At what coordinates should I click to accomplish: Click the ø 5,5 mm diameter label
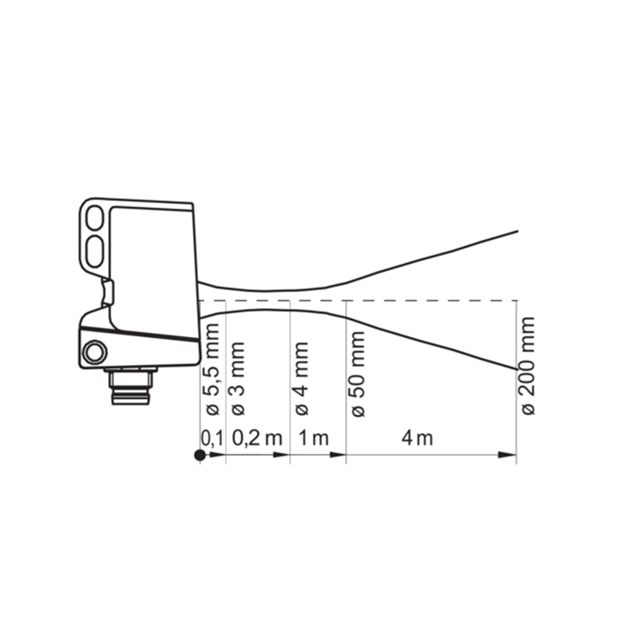click(213, 369)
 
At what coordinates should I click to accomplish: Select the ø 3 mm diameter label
click(238, 379)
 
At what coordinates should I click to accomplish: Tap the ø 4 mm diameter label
click(302, 379)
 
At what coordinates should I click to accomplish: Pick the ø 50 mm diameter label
click(358, 374)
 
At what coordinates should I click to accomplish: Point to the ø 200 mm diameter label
click(529, 366)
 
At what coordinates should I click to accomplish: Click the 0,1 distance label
click(212, 439)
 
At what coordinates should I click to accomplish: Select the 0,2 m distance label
click(257, 439)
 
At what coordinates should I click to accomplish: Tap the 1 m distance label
click(314, 439)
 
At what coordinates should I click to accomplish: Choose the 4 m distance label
click(418, 439)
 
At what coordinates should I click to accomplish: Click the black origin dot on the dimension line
click(200, 455)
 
